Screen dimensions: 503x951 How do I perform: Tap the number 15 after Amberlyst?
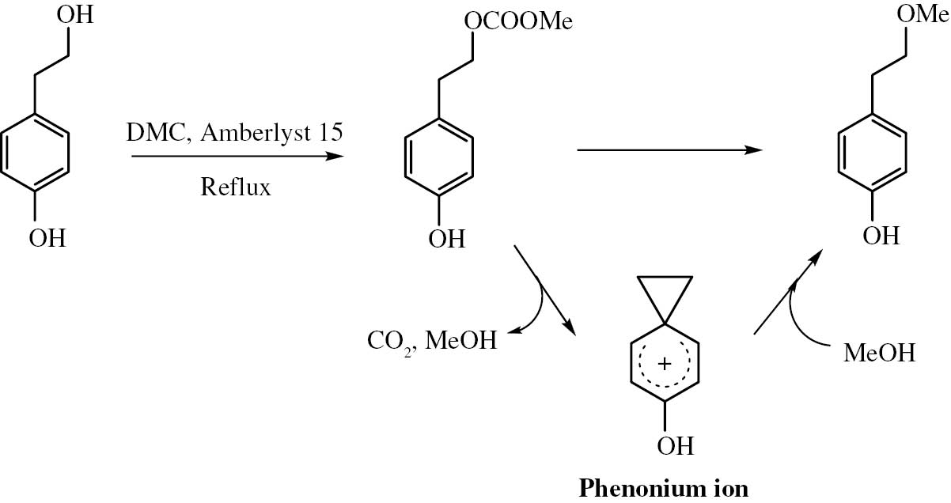click(x=328, y=132)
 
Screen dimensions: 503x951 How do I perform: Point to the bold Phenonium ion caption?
click(x=663, y=488)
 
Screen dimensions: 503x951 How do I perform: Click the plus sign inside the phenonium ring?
click(x=665, y=364)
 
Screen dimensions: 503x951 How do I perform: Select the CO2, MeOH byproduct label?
click(x=432, y=342)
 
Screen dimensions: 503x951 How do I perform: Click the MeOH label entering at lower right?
click(x=879, y=353)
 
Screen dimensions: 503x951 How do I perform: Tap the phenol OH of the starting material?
click(x=47, y=237)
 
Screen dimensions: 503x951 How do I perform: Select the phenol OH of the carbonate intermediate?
click(x=446, y=238)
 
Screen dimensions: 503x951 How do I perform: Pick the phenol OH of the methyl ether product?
click(x=881, y=235)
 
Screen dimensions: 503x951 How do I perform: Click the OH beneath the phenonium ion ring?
click(x=675, y=446)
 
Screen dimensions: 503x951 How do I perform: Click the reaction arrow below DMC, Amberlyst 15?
click(x=237, y=157)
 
